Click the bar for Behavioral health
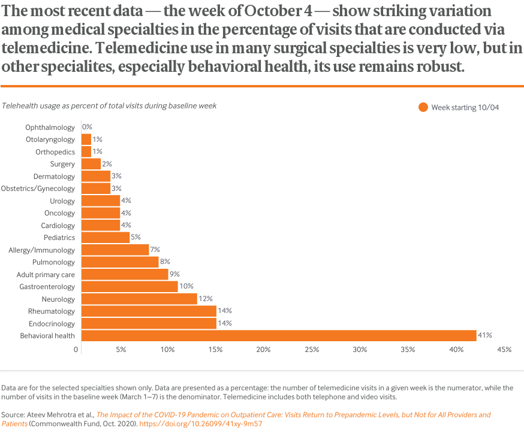(278, 336)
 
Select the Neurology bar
(139, 299)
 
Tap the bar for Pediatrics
(105, 238)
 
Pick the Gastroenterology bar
(130, 287)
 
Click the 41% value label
(484, 336)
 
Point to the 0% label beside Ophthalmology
(87, 127)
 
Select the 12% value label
(206, 299)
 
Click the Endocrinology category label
(52, 323)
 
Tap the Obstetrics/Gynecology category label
(38, 189)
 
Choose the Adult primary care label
(46, 274)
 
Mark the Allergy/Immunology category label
(42, 250)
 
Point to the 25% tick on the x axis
(311, 349)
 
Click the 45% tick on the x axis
(503, 349)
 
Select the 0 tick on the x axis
(76, 349)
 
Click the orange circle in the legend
(423, 107)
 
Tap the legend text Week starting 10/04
(465, 107)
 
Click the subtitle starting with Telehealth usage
(109, 105)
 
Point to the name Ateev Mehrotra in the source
(51, 414)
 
